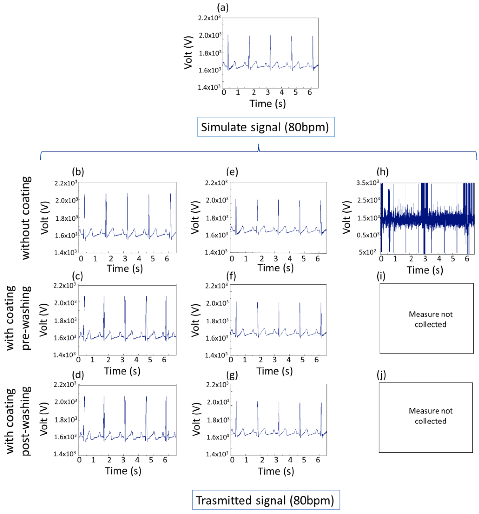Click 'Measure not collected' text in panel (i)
430,319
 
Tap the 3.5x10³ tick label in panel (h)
368,183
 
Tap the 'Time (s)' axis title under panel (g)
276,471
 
